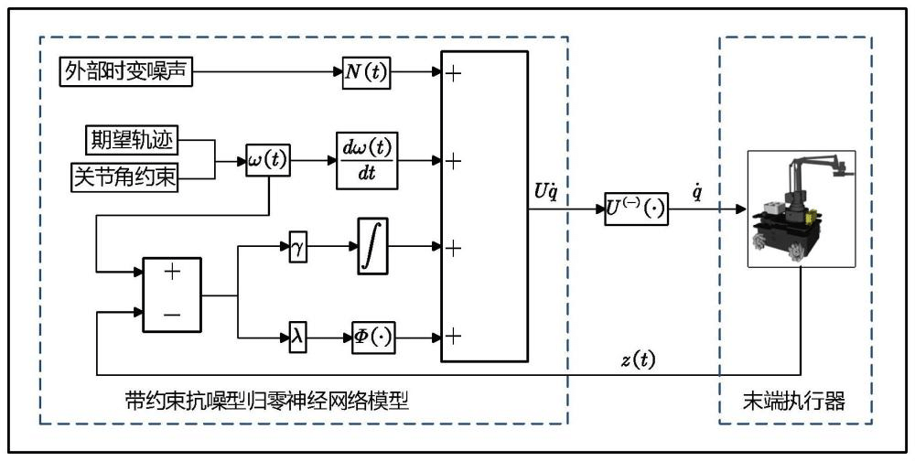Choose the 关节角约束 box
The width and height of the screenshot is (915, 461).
coord(124,177)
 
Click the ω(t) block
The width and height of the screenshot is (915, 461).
coord(268,160)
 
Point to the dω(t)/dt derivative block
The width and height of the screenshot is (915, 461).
coord(368,160)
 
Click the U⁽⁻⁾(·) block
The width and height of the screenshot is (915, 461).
coord(636,209)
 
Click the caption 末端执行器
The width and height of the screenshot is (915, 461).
coord(794,400)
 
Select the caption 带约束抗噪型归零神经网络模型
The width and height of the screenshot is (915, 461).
coord(266,400)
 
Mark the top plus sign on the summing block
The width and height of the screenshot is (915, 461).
coord(451,73)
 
